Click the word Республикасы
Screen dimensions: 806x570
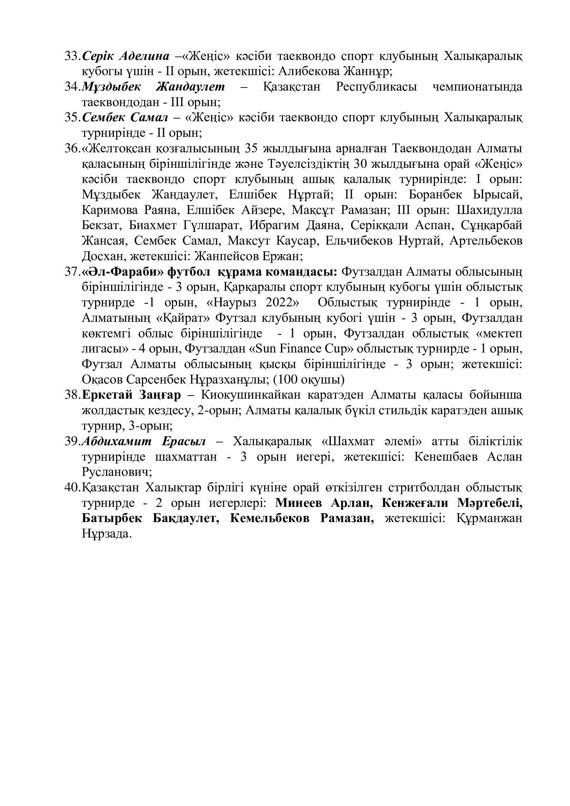click(x=376, y=87)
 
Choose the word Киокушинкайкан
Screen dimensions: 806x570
click(x=251, y=395)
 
